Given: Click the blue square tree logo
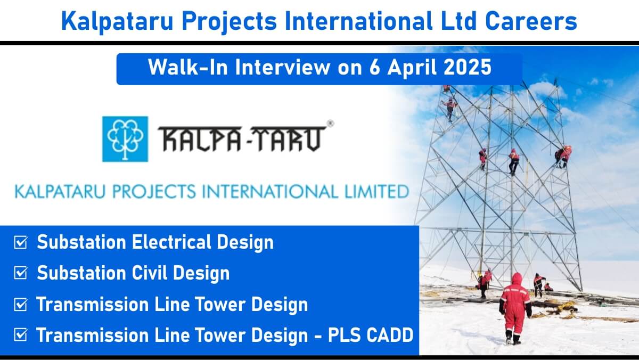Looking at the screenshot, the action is (125, 139).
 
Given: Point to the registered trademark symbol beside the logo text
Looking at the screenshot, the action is (330, 124).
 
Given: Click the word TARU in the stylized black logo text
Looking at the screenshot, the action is (289, 138).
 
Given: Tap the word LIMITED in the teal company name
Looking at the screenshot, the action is (377, 191).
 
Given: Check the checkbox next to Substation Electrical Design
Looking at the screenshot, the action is (21, 242).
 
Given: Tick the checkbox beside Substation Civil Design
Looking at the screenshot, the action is (21, 273).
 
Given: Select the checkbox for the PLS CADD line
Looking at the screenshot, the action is (21, 334).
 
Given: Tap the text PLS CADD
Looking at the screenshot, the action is (371, 335).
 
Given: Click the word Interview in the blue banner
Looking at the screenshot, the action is (283, 68).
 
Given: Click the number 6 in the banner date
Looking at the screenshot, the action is (374, 68).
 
